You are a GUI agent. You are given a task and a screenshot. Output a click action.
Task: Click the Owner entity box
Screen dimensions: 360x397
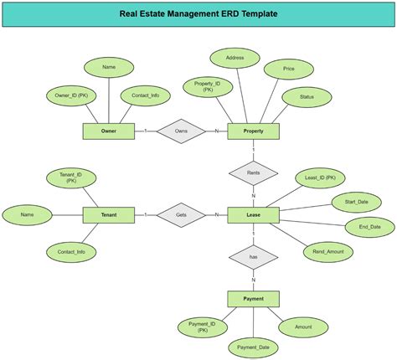point(108,131)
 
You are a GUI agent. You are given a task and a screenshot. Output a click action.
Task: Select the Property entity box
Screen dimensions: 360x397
point(253,131)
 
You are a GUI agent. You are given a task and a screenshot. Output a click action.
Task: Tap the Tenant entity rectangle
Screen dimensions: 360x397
point(108,215)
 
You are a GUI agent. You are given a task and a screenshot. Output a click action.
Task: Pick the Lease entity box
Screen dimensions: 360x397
point(253,215)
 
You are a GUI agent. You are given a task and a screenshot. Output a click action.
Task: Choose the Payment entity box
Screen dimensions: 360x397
point(253,299)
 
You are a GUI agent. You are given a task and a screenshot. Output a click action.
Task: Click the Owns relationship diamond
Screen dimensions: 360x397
point(180,131)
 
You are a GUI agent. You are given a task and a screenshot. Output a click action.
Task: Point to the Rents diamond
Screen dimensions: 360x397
point(253,173)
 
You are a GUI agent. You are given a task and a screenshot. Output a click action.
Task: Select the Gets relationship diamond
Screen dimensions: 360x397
point(180,215)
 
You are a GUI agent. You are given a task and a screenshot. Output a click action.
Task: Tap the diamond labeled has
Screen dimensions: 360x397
point(253,257)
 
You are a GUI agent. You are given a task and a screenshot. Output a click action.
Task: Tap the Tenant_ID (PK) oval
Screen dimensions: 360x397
point(71,177)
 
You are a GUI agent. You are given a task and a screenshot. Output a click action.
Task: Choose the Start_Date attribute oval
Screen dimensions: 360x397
point(350,202)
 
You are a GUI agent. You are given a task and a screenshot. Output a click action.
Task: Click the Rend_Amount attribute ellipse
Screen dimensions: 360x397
point(327,251)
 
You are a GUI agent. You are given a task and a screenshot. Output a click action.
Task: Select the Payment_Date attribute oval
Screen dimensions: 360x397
point(252,347)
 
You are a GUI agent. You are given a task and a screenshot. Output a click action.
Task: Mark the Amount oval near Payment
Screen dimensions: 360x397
point(304,327)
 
